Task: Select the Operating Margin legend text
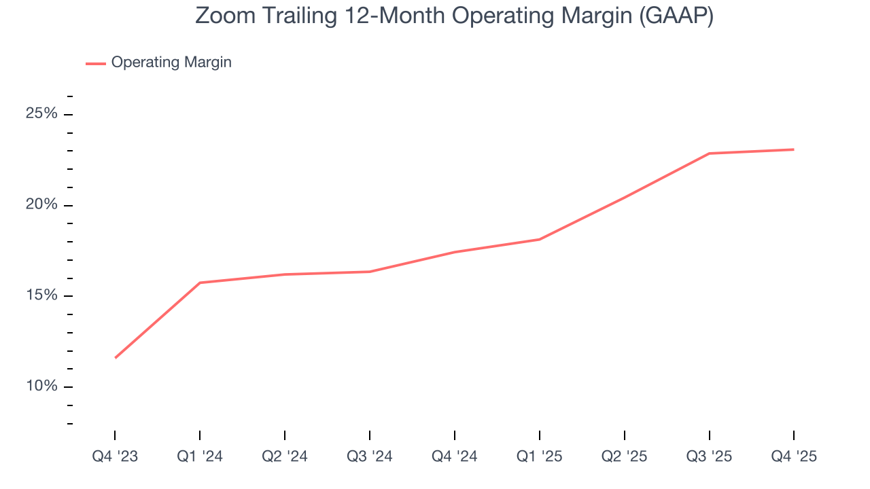coord(171,62)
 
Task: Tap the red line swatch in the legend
coord(95,63)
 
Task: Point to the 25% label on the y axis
coord(41,113)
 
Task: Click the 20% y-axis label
coord(41,204)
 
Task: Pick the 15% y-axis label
coord(41,295)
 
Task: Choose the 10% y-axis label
coord(41,386)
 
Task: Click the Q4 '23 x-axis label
coord(115,456)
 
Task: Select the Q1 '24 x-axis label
coord(200,456)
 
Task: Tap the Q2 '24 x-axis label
coord(285,456)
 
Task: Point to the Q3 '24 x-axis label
coord(370,456)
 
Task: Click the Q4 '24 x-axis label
coord(455,456)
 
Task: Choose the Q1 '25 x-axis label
coord(540,456)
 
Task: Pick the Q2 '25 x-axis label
coord(625,456)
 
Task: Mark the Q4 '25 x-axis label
coord(794,456)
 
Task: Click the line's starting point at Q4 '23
coord(116,357)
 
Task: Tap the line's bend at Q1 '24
coord(200,283)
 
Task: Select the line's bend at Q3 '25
coord(710,153)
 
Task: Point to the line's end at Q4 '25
coord(793,149)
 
